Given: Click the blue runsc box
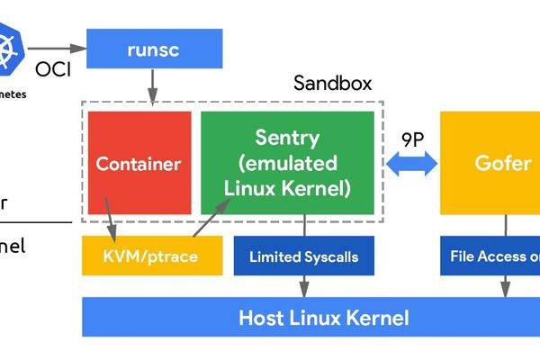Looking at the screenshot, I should (154, 49).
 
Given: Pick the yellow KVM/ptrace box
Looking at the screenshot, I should (152, 256).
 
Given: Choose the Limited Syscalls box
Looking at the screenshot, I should (303, 256).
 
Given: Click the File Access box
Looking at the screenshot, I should (490, 256).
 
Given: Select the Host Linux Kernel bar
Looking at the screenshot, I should (310, 317).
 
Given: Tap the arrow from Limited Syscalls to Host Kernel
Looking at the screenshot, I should (303, 285).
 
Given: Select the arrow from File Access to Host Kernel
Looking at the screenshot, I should (504, 285).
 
